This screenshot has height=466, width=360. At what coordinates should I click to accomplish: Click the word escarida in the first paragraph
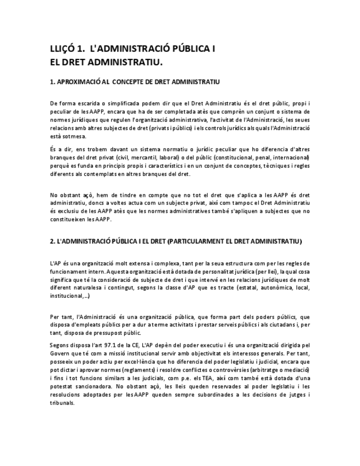pos(90,103)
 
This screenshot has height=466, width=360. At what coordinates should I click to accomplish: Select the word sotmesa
pos(75,136)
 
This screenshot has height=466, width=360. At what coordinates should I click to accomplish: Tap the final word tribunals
pos(62,403)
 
